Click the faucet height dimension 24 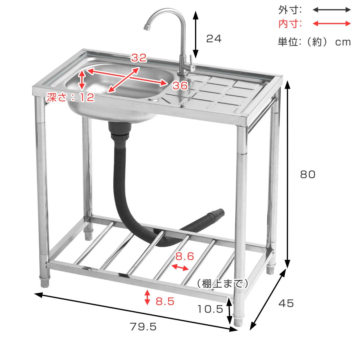click(214, 39)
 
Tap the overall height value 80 click(308, 174)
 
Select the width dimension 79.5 click(143, 327)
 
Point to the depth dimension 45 click(286, 303)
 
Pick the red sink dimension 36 click(180, 85)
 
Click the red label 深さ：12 click(70, 97)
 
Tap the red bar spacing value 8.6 click(184, 256)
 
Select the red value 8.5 click(165, 301)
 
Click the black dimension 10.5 click(210, 309)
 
